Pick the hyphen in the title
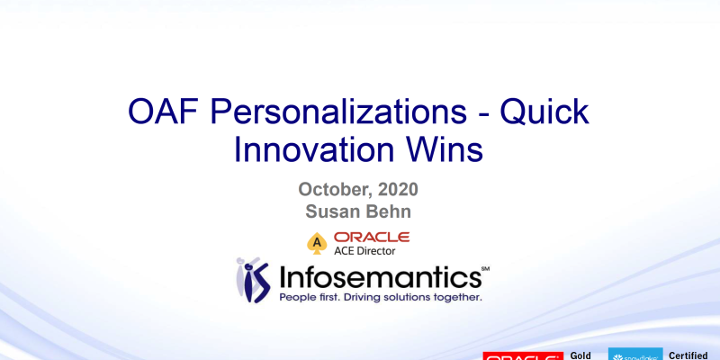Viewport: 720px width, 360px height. coord(473,114)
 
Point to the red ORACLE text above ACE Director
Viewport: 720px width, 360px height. coord(372,236)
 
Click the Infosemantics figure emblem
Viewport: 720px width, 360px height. coord(252,280)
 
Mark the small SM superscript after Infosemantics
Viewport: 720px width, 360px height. coord(485,268)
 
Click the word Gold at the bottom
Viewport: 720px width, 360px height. coord(581,355)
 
